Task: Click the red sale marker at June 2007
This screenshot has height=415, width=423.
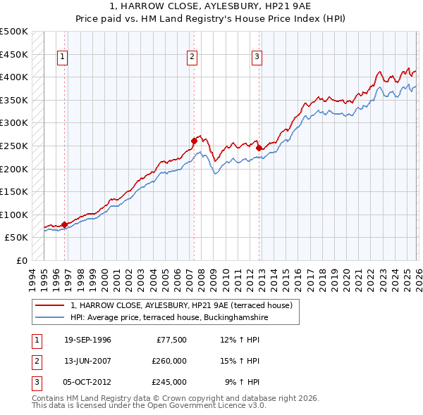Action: pos(194,141)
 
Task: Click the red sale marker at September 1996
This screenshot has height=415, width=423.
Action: pos(64,224)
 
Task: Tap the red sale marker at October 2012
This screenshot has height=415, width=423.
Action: pos(259,148)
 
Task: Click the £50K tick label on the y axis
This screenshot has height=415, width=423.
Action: pos(17,238)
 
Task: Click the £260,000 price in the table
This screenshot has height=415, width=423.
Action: pos(169,362)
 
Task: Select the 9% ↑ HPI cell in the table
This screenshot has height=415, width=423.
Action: pos(242,383)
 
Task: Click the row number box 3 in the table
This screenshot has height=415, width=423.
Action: pos(37,383)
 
